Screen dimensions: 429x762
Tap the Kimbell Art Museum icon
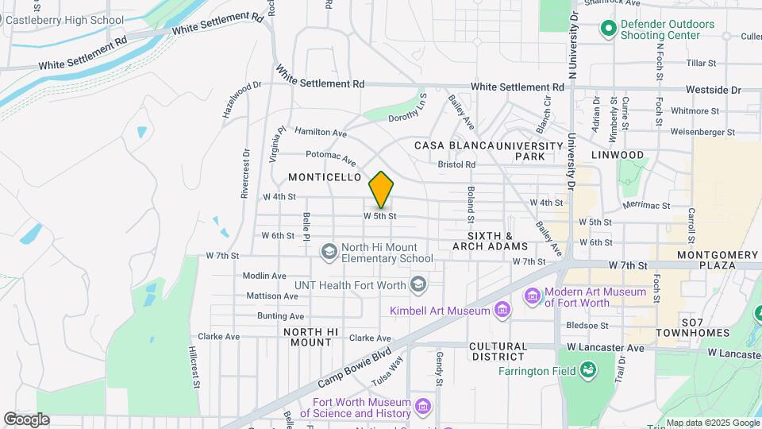pyautogui.click(x=501, y=310)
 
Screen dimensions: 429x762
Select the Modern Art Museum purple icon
pyautogui.click(x=533, y=296)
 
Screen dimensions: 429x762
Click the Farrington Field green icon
pyautogui.click(x=588, y=370)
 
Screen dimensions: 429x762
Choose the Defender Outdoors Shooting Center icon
pyautogui.click(x=609, y=29)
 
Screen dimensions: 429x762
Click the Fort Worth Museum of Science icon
pyautogui.click(x=423, y=408)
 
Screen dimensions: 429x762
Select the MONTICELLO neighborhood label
pyautogui.click(x=325, y=176)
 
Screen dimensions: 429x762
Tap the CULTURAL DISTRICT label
pyautogui.click(x=498, y=352)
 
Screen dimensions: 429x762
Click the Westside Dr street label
pyautogui.click(x=714, y=91)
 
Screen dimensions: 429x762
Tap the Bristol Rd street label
pyautogui.click(x=456, y=164)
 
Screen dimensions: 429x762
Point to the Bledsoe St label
pyautogui.click(x=587, y=325)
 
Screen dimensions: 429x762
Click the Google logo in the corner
pyautogui.click(x=26, y=419)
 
